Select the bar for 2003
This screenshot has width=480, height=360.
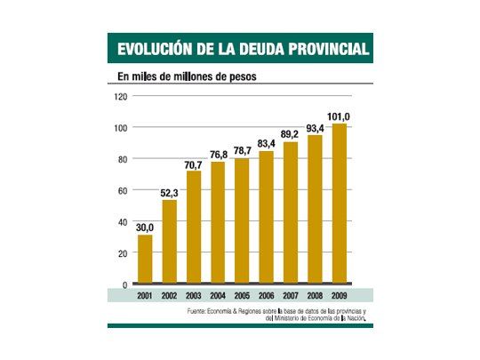pos(193,227)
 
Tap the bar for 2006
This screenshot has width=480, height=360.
pos(266,217)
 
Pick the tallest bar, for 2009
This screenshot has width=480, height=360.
pos(339,204)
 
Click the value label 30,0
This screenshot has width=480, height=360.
pos(144,228)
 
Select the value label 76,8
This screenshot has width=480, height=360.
pos(218,155)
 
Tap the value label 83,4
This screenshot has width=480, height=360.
pos(267,144)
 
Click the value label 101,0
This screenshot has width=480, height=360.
pos(339,116)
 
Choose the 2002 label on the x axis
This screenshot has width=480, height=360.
pos(169,295)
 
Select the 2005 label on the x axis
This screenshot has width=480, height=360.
pos(242,295)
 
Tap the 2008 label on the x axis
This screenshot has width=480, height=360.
pos(315,295)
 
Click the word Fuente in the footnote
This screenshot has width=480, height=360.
pos(199,310)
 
